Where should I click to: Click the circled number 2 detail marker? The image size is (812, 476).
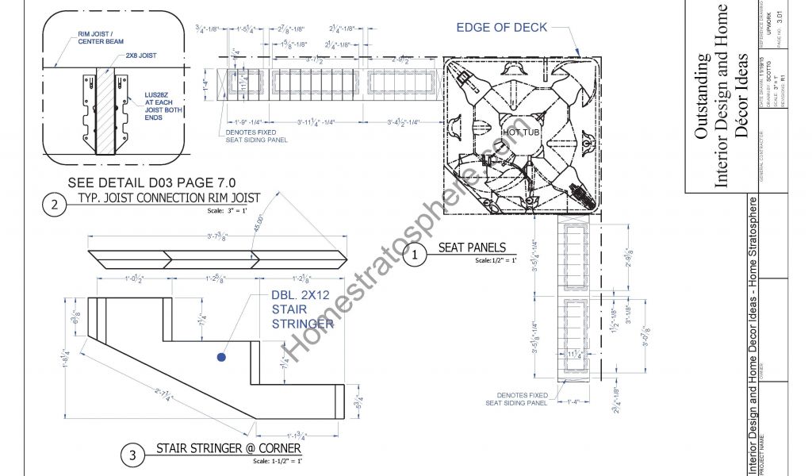54,205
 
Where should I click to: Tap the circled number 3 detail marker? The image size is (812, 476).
132,455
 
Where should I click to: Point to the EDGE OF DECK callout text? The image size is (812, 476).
501,28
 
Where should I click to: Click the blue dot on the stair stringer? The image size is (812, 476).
221,358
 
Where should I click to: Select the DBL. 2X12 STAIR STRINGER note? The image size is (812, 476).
302,308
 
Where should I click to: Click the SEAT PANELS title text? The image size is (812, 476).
472,248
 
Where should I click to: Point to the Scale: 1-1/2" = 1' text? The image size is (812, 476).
277,461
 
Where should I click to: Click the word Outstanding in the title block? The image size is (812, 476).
703,96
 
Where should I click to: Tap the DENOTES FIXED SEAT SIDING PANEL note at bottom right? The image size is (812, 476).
517,398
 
